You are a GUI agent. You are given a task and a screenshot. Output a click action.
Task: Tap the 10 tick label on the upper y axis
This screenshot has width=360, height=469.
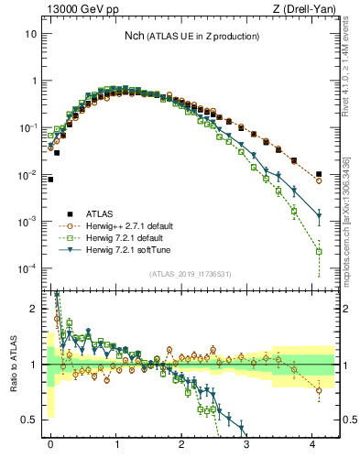pos(30,34)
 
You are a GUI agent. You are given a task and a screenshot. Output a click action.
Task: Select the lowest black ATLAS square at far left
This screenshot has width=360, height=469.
pos(50,180)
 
